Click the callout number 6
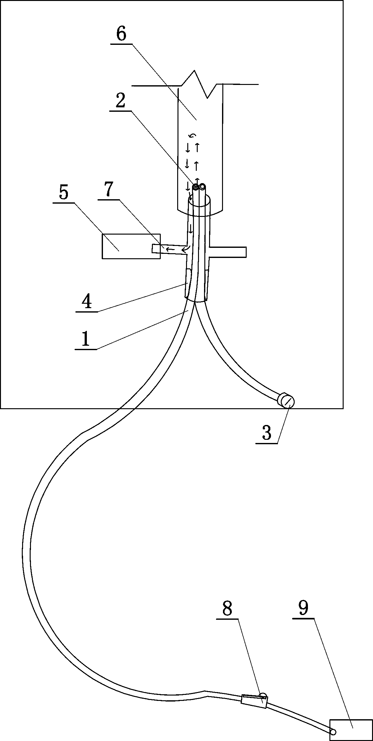[x=121, y=34]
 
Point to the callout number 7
[x=108, y=189]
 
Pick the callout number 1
[x=86, y=339]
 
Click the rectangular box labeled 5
[x=131, y=246]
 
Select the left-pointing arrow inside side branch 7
[x=170, y=250]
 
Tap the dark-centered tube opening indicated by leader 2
[x=196, y=188]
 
